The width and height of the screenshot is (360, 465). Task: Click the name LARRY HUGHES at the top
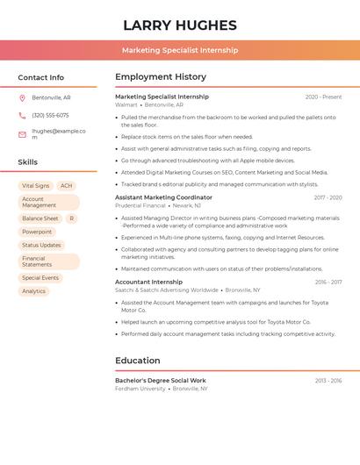[180, 25]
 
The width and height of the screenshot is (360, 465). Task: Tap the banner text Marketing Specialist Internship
[180, 50]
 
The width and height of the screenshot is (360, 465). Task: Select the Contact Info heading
[41, 77]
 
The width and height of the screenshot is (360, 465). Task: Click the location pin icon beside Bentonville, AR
[22, 97]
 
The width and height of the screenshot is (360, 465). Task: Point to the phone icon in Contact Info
[22, 115]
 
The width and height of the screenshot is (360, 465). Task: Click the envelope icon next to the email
[22, 134]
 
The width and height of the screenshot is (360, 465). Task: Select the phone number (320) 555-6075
[50, 115]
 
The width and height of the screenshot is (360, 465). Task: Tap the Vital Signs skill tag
[36, 186]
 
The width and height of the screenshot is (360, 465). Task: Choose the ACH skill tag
[67, 186]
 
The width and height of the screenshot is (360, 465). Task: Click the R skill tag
[71, 218]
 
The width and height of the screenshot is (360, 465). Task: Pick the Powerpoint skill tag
[37, 232]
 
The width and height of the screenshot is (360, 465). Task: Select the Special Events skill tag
[40, 278]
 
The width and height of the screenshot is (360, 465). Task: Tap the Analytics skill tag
[34, 291]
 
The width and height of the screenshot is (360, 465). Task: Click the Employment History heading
[161, 77]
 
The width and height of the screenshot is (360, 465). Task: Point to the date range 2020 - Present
[323, 97]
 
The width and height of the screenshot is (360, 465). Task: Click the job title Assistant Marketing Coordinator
[163, 197]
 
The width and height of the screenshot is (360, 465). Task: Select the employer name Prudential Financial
[140, 205]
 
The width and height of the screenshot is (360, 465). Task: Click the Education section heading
[138, 361]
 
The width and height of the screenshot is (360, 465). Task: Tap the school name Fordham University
[140, 388]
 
